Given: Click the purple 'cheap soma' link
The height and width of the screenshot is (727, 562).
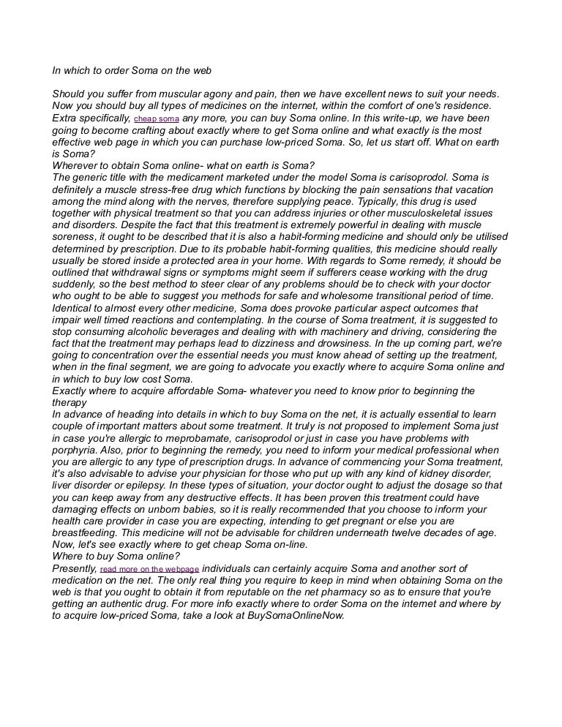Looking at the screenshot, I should [157, 118].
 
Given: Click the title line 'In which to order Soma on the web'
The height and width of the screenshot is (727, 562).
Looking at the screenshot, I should [131, 71].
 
